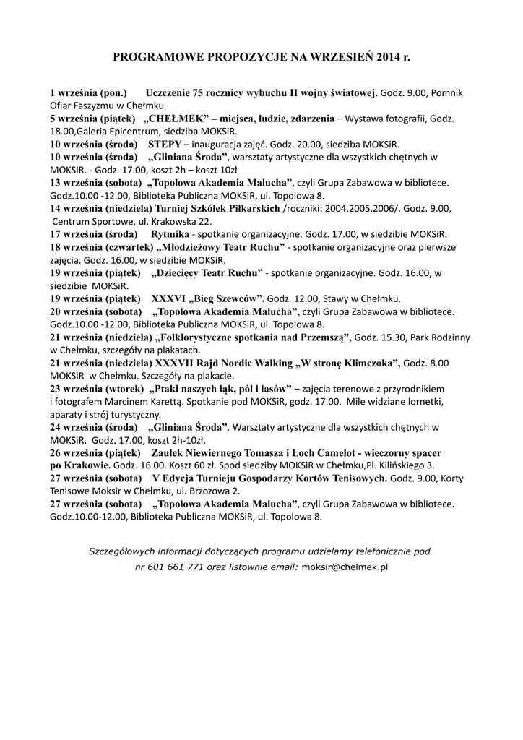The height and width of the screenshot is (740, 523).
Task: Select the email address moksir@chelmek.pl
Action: tap(345, 567)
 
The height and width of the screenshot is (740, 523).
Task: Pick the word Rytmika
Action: tap(170, 234)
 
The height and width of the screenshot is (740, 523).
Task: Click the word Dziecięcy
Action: tap(183, 273)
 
